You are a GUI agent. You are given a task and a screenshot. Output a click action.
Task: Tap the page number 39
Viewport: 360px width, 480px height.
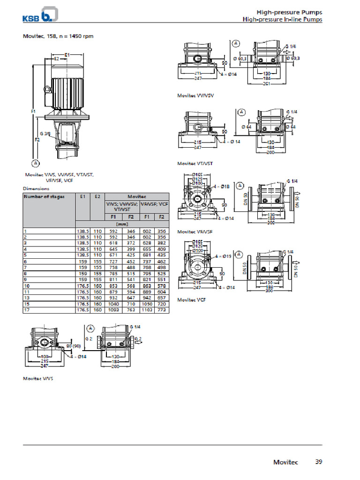coord(318,462)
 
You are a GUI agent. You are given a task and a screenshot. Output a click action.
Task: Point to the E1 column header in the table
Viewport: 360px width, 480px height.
coord(82,196)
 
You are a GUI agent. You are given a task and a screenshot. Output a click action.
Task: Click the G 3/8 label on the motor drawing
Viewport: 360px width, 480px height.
coord(45,134)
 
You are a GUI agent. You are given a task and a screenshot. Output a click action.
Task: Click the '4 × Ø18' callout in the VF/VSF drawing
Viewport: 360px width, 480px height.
coord(222,187)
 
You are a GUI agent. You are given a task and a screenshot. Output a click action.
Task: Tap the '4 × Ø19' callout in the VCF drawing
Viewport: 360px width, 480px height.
coord(222,256)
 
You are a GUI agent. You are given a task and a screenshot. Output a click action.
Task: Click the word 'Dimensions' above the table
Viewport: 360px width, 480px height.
coord(36,188)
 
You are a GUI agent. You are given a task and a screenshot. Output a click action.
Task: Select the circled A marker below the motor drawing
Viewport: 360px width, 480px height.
coord(35,163)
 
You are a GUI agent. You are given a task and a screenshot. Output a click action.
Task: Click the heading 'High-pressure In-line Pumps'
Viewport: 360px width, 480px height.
coord(282,20)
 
